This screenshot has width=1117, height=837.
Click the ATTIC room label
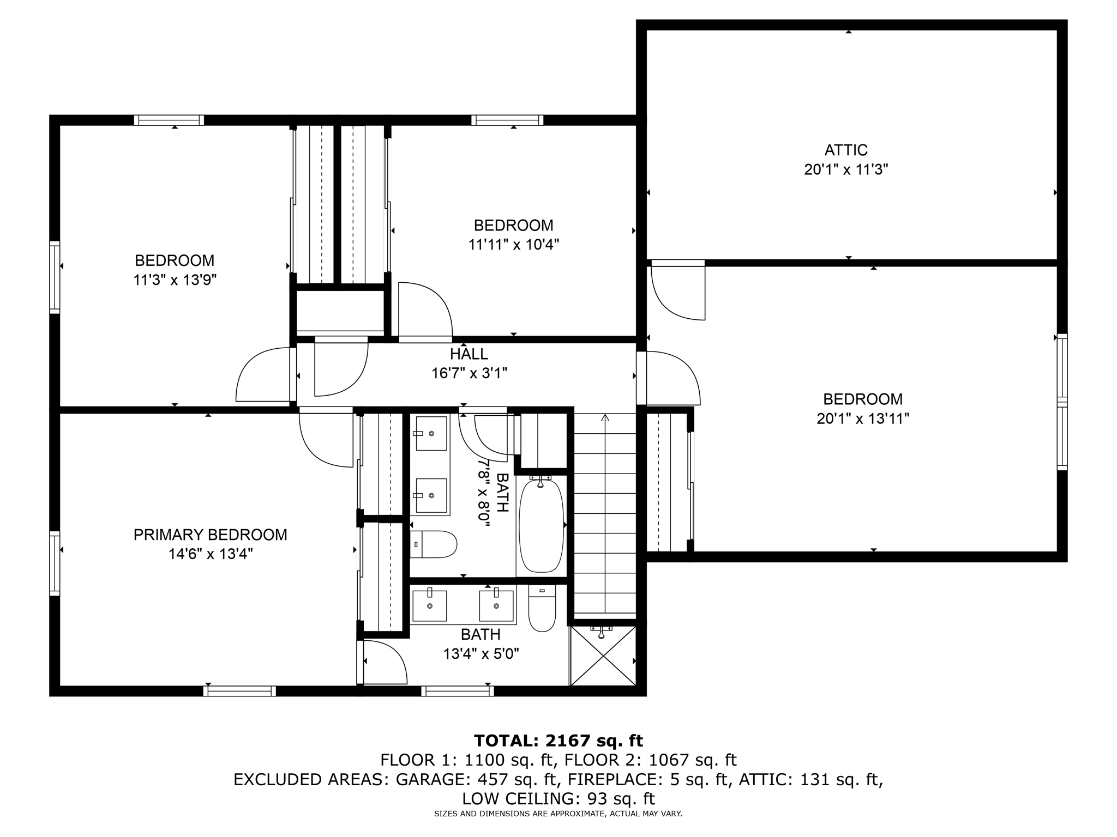845,150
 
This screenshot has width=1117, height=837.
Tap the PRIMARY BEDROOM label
210,535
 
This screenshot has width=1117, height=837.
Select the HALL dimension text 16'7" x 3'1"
469,373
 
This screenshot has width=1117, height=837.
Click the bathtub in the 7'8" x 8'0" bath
541,525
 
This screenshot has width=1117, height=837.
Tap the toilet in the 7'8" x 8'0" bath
433,544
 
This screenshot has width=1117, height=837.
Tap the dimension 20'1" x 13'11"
863,418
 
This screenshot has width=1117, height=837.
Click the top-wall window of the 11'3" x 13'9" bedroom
169,120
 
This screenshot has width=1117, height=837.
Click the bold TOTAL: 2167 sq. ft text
558,741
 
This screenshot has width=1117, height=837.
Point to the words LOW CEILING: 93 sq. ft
558,799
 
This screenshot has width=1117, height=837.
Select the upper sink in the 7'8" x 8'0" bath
431,433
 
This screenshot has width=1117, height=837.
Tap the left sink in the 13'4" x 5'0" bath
430,605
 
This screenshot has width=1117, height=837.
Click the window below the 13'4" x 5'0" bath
457,691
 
